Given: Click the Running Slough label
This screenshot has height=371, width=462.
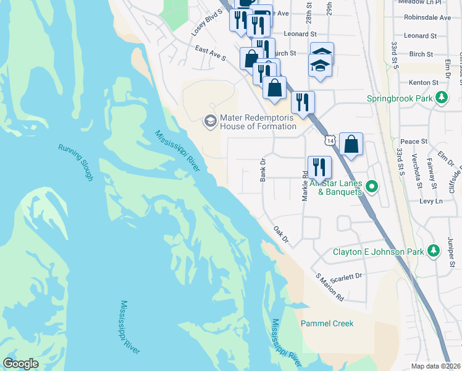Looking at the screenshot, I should [75, 162].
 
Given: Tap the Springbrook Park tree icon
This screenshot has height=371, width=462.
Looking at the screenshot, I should [442, 98].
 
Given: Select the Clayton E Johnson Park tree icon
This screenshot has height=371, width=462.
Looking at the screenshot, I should [434, 251].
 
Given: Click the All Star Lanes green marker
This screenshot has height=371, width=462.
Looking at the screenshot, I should [372, 185].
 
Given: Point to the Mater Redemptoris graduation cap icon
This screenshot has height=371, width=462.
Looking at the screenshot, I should [211, 121].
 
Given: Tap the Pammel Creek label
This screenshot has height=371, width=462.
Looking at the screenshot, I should [327, 323].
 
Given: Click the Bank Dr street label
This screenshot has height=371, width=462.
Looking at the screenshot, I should [263, 169].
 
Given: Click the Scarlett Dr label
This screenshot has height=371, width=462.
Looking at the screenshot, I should [350, 276].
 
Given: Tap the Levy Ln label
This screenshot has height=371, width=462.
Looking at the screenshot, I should [431, 202].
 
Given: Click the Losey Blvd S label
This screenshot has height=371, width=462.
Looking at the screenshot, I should [207, 22].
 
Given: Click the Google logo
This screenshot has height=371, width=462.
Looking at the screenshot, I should [20, 364].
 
